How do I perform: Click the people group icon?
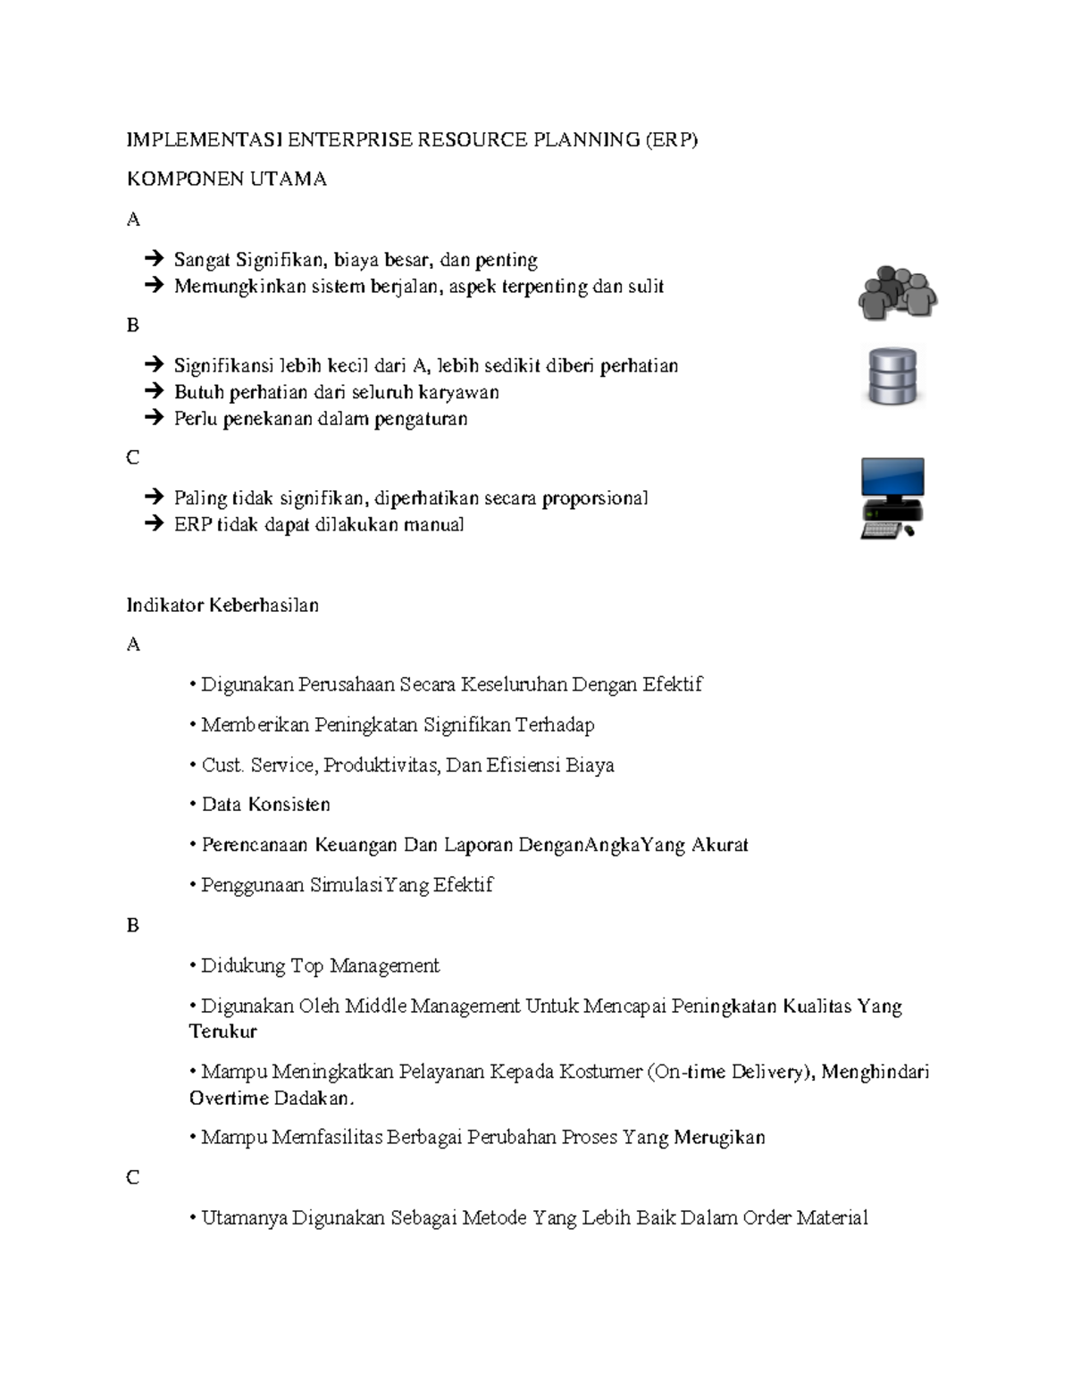click(x=897, y=292)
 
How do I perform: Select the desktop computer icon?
click(x=892, y=498)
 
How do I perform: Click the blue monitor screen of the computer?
click(x=892, y=478)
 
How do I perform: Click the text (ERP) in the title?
click(x=672, y=139)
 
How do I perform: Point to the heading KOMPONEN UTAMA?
click(x=226, y=179)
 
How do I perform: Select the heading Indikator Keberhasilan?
click(x=222, y=605)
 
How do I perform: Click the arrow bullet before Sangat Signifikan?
click(x=154, y=259)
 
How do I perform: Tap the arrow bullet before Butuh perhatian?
click(x=154, y=391)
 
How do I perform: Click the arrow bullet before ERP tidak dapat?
click(x=154, y=523)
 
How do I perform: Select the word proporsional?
click(x=595, y=497)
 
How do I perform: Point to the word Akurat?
click(x=719, y=844)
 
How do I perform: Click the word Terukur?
click(x=222, y=1032)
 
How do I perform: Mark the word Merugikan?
click(x=719, y=1137)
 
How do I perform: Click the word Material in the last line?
click(x=832, y=1217)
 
